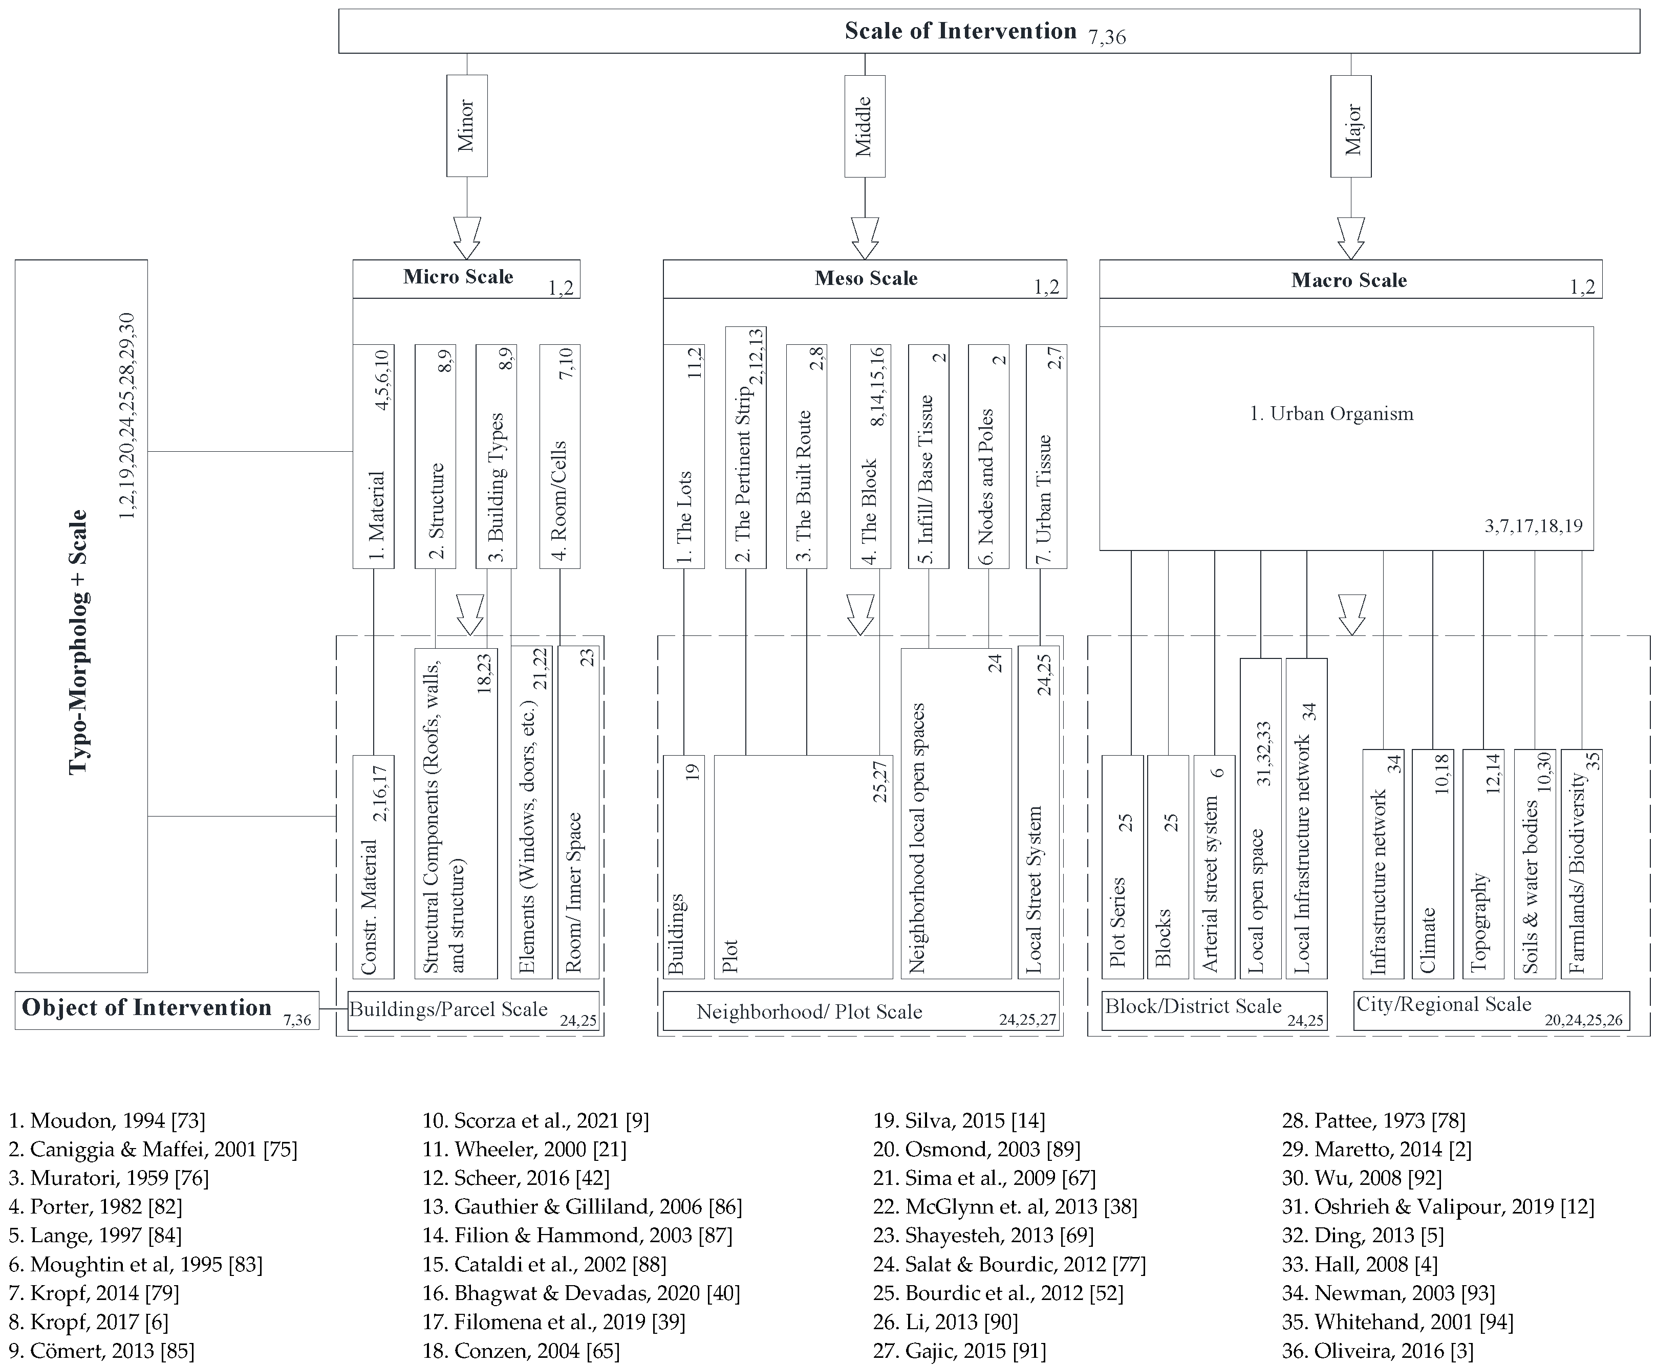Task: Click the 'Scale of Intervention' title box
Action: coord(988,32)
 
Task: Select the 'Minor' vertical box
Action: coord(467,126)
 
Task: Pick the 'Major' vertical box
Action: coord(1351,126)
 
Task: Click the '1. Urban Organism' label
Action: coord(1331,414)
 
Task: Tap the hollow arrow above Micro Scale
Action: coord(467,237)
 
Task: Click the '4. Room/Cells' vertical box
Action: coord(559,456)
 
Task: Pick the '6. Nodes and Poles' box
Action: coord(988,456)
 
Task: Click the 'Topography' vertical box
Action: coord(1483,864)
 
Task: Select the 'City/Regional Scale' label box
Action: coord(1491,1010)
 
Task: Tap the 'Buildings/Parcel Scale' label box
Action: coord(472,1011)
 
